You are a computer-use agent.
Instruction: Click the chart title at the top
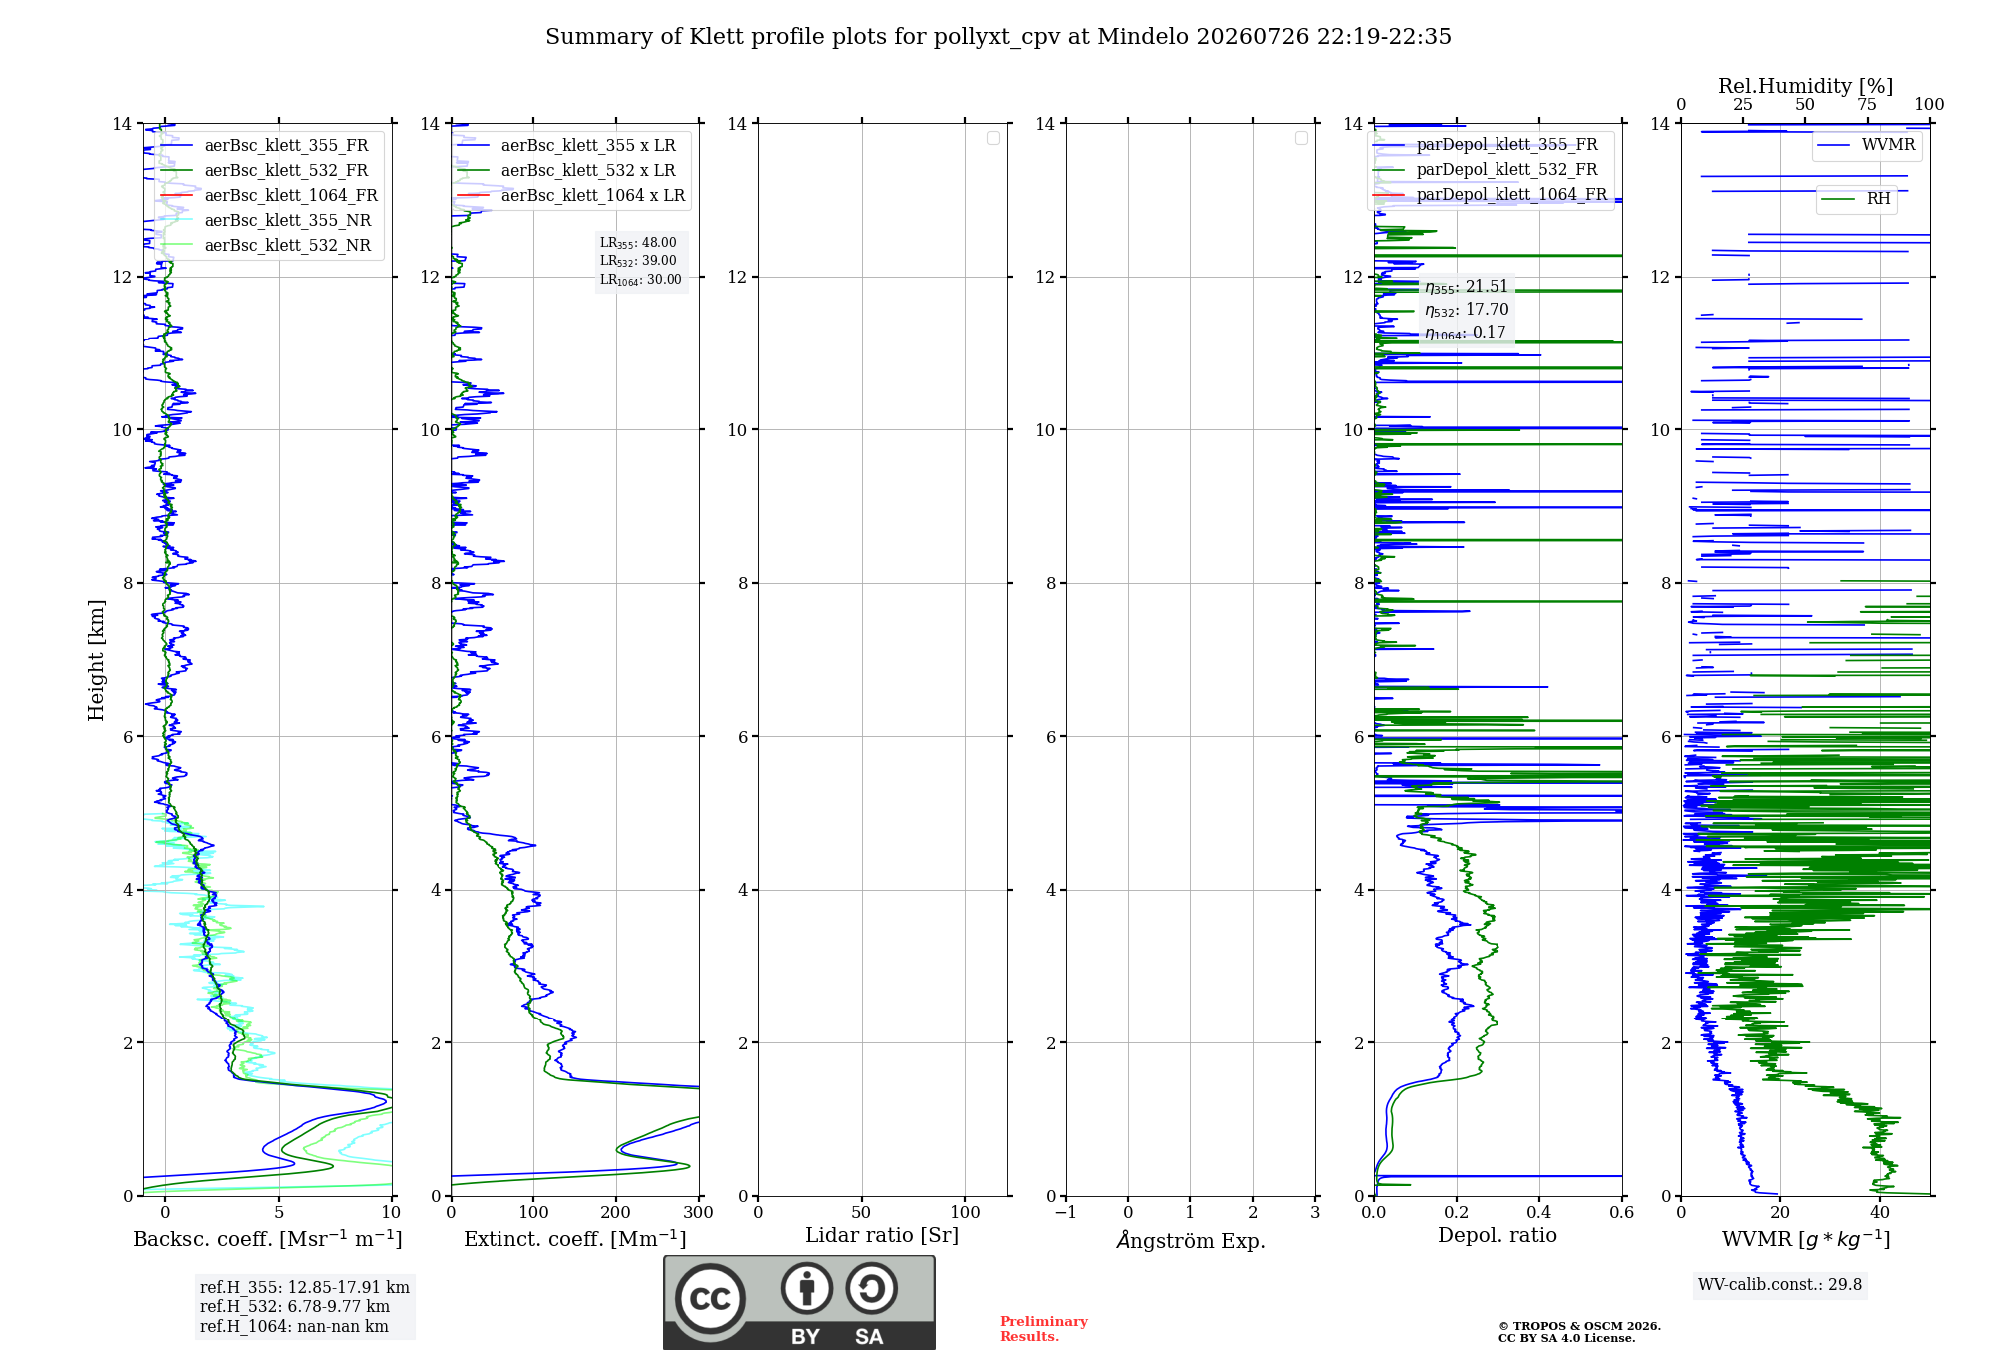[x=998, y=37]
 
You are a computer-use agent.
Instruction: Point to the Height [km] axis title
[x=96, y=660]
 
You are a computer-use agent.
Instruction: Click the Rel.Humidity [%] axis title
[x=1805, y=86]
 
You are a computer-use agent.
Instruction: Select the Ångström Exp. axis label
[x=1190, y=1240]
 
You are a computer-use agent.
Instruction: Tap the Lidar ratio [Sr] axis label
[x=882, y=1236]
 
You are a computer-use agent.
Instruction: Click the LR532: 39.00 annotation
[x=638, y=261]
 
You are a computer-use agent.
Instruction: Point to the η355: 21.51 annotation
[x=1467, y=287]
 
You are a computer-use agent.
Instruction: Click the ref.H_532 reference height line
[x=295, y=1307]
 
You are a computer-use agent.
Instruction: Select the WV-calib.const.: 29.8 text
[x=1780, y=1285]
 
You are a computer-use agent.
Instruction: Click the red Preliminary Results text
[x=1044, y=1329]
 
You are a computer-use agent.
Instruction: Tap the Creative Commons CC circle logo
[x=710, y=1299]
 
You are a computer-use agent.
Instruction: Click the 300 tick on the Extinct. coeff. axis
[x=699, y=1213]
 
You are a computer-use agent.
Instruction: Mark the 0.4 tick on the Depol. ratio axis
[x=1539, y=1213]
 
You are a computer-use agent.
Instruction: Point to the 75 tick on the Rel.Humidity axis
[x=1867, y=105]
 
